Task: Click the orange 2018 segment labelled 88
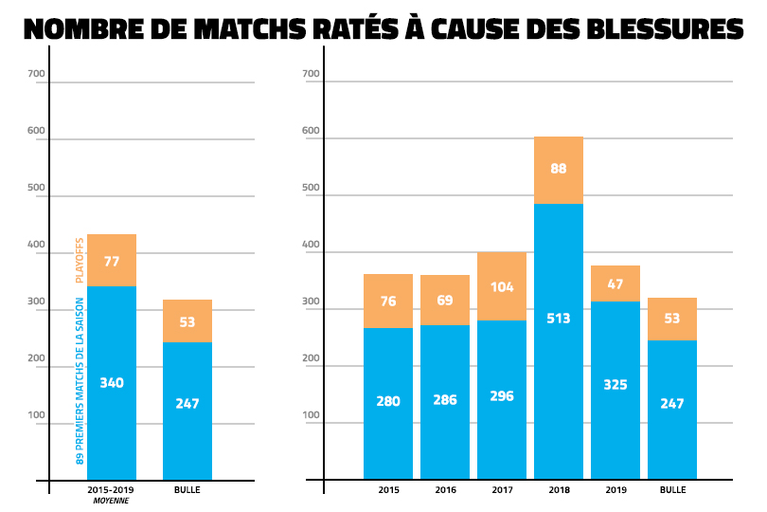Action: [558, 170]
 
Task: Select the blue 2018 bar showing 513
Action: [558, 341]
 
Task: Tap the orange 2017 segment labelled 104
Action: [501, 286]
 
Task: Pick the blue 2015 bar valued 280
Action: [387, 403]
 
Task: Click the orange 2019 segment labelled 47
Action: [615, 283]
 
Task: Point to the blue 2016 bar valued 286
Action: [444, 402]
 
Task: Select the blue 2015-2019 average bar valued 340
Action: [112, 383]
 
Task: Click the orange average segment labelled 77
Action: [112, 260]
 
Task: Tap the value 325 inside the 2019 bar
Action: [615, 385]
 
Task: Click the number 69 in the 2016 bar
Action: [444, 300]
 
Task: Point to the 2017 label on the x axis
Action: [501, 490]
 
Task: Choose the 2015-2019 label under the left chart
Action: [111, 490]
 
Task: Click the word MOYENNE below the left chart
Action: [111, 502]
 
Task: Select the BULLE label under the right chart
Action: [671, 490]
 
